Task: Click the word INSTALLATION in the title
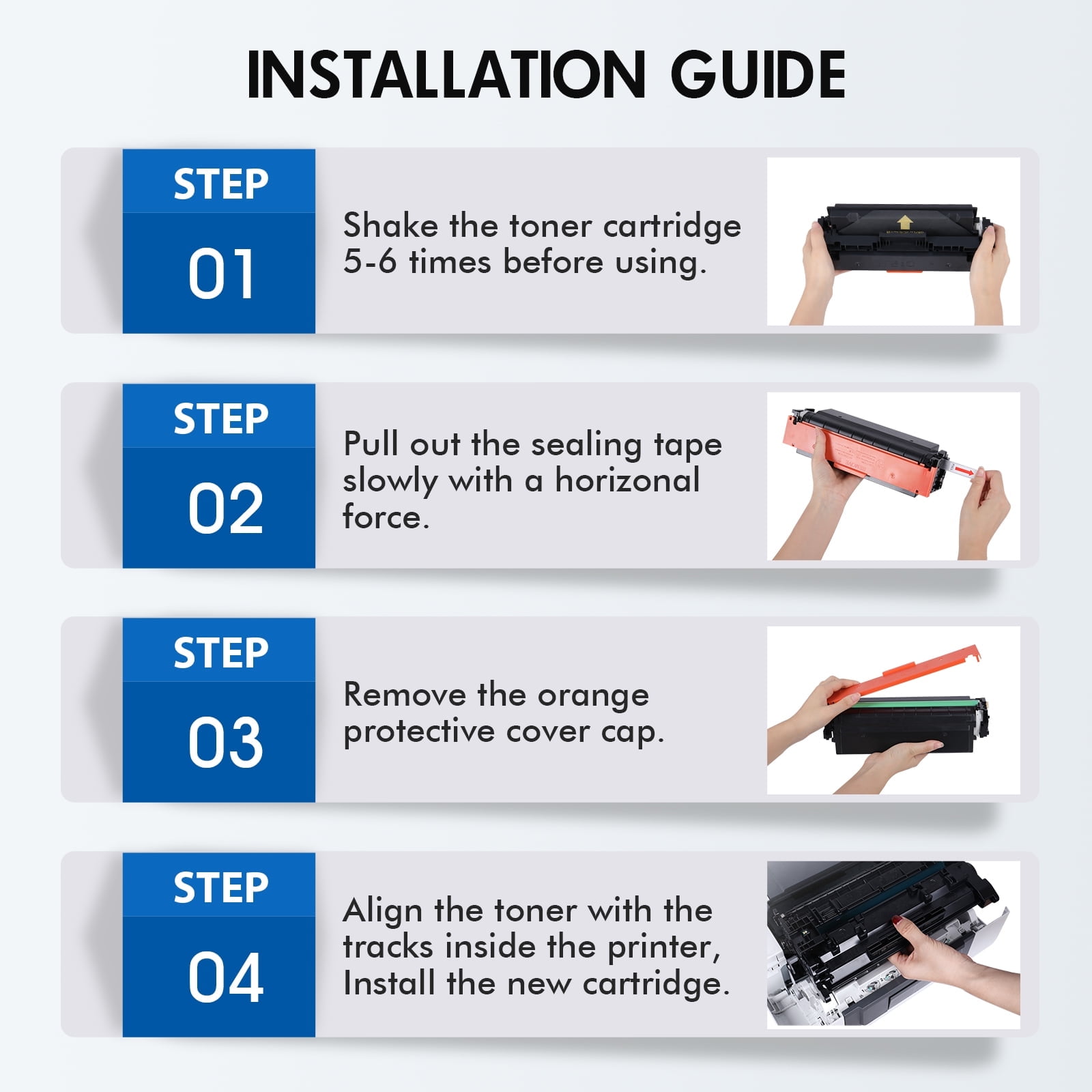446,75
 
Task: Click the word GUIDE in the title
758,75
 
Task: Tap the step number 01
221,274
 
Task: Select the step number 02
225,508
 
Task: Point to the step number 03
225,743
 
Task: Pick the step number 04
225,977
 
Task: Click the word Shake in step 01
390,225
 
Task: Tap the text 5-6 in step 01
370,262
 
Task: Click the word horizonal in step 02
627,480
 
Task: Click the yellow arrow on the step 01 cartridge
904,222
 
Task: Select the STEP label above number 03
221,653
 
